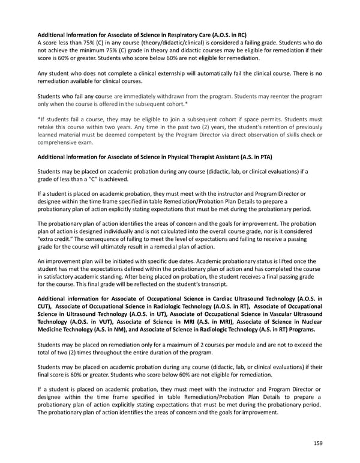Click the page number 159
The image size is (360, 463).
(317, 444)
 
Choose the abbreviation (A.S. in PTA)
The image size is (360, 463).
(247, 157)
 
